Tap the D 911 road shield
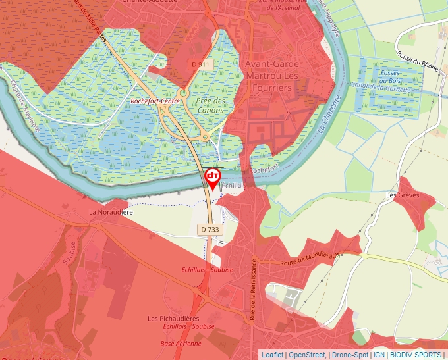202,64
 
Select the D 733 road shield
210,229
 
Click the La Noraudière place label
111,213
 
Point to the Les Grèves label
403,195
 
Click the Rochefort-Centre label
155,101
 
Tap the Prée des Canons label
211,105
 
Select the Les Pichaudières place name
174,319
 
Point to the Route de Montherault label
312,254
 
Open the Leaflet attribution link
273,355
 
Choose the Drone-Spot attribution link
350,355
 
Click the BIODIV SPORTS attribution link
416,355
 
